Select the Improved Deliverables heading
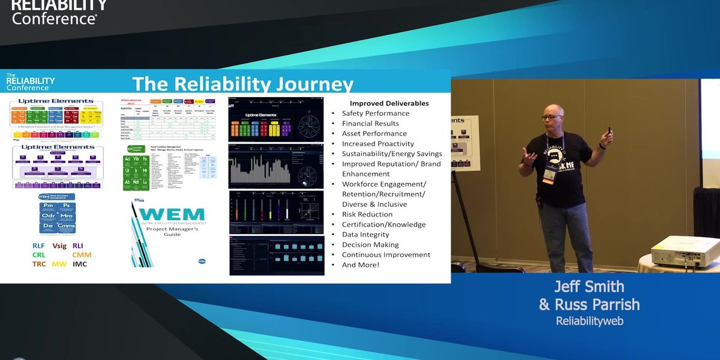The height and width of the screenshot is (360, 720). click(x=389, y=103)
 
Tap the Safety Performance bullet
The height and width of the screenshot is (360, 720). click(x=376, y=113)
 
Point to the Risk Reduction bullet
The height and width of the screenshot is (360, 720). click(x=367, y=214)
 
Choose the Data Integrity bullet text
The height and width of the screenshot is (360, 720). click(x=365, y=235)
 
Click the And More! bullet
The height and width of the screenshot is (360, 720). click(x=361, y=265)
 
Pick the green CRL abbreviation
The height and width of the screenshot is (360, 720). click(x=39, y=254)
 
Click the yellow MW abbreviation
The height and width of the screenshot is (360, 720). click(x=59, y=264)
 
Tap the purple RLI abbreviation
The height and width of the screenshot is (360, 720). click(x=78, y=245)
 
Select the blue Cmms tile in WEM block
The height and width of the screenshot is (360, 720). click(x=66, y=227)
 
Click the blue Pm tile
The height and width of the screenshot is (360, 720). click(x=48, y=206)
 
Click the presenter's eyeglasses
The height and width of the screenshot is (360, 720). click(x=551, y=116)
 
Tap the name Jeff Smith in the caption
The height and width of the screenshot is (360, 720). click(x=589, y=286)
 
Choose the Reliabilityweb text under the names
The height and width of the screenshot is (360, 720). click(x=589, y=321)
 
